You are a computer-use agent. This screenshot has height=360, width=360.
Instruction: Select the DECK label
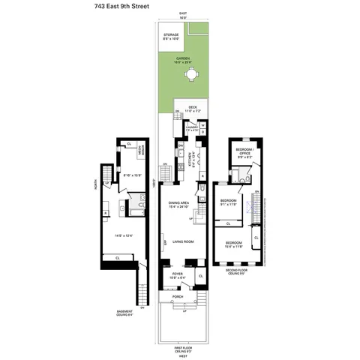192,106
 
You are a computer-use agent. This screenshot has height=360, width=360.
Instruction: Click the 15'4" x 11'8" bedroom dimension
234,247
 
